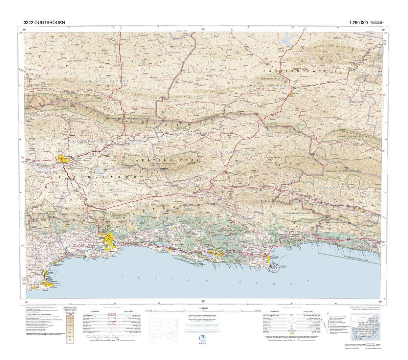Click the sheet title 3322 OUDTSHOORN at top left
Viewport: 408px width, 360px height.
[x=44, y=23]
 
